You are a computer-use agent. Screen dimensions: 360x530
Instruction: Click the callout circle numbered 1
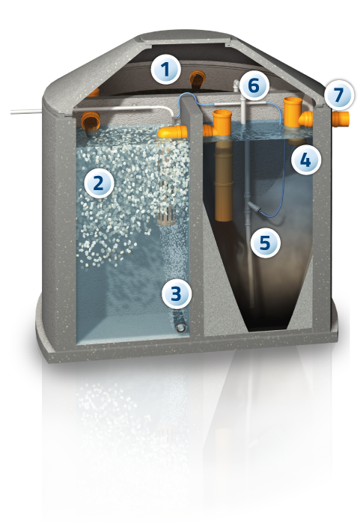click(x=165, y=70)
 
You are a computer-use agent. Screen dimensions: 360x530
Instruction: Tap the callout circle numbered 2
click(x=99, y=183)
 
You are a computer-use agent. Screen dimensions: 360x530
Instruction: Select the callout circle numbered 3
click(x=177, y=293)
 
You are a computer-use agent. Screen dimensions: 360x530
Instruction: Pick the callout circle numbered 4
click(x=306, y=159)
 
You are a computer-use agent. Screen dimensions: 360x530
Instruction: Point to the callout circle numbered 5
click(x=266, y=243)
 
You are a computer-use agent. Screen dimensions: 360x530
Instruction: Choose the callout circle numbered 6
click(x=254, y=86)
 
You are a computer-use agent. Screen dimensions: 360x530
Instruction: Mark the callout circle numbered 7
click(x=339, y=95)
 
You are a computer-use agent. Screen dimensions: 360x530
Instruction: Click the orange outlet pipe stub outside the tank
click(x=341, y=119)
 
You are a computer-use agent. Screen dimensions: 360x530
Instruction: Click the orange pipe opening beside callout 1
click(x=198, y=79)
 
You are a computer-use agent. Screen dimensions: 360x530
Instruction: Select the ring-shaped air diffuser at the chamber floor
click(x=181, y=327)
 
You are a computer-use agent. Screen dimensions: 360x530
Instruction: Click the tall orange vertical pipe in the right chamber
click(x=224, y=165)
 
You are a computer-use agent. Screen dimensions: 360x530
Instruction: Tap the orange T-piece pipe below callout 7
click(x=296, y=113)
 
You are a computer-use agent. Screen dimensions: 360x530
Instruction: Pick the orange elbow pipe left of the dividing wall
click(x=172, y=132)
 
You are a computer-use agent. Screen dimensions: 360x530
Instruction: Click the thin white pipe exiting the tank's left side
click(x=26, y=112)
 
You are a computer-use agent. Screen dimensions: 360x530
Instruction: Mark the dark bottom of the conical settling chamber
click(x=267, y=326)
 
